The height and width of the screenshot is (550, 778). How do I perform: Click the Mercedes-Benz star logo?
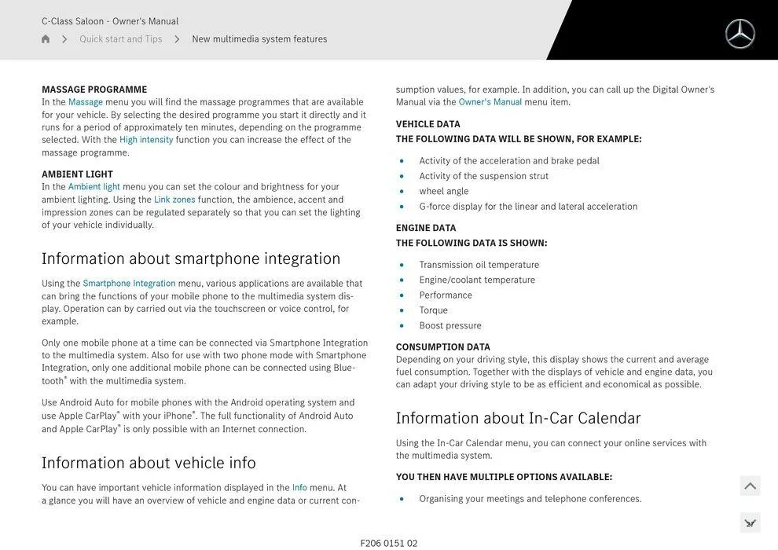tap(739, 34)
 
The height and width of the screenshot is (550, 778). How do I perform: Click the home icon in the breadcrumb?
tap(46, 39)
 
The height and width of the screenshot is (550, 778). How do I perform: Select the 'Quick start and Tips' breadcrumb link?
tap(120, 39)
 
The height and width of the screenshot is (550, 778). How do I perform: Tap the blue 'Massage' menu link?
tap(86, 102)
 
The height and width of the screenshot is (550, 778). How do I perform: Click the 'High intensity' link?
tap(146, 140)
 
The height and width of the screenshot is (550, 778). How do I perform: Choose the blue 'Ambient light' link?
tap(94, 187)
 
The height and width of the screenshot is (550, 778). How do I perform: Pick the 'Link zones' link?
tap(174, 200)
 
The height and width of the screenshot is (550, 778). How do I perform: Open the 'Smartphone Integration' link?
tap(129, 284)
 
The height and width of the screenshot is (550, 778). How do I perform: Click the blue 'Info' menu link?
tap(299, 488)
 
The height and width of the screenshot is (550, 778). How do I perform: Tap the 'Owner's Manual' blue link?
tap(490, 102)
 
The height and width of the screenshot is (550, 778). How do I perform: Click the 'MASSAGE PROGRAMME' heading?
tap(94, 90)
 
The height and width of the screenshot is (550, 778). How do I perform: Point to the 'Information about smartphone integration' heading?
tap(191, 258)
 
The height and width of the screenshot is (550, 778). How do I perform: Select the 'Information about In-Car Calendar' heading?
tap(519, 418)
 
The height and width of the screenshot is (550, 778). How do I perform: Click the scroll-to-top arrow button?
tap(750, 486)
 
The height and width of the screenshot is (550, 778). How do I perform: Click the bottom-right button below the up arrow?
tap(750, 522)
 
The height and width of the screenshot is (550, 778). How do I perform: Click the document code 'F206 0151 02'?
tap(389, 543)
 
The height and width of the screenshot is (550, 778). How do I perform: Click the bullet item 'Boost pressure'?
tap(450, 325)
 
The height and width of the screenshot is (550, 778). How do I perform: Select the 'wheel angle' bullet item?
tap(444, 191)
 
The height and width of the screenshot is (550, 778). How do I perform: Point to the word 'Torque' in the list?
tap(434, 310)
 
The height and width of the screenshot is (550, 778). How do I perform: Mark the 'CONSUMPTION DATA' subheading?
tap(443, 347)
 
